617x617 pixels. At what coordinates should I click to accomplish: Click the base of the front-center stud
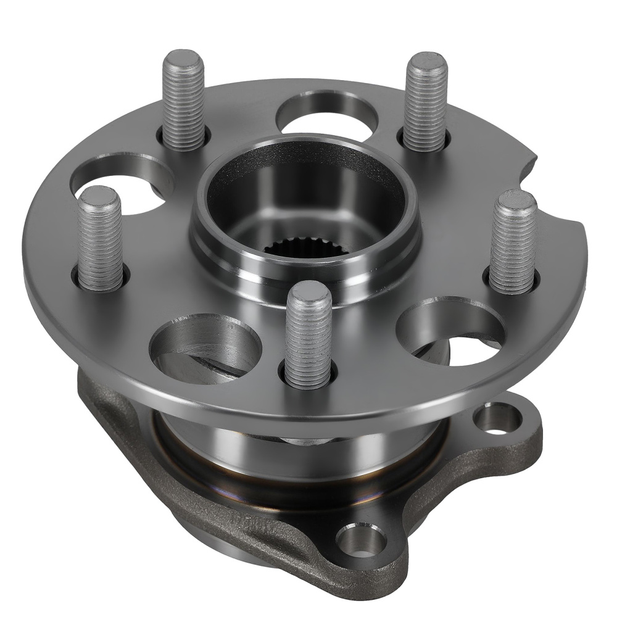[x=309, y=376]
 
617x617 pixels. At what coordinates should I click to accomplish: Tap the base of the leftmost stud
[x=101, y=281]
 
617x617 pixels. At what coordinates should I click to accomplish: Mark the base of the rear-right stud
[x=425, y=141]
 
